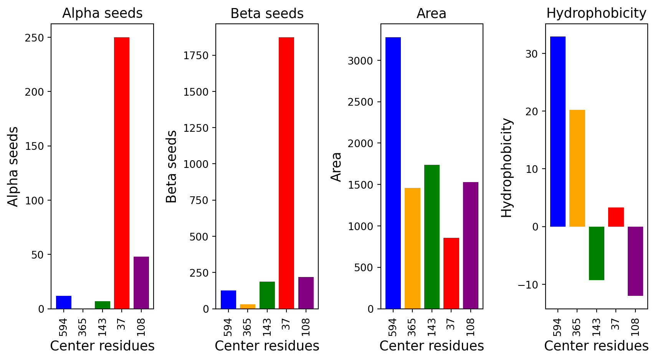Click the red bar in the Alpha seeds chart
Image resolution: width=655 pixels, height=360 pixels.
pyautogui.click(x=122, y=173)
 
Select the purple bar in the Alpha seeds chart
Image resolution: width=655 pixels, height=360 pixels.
pyautogui.click(x=141, y=283)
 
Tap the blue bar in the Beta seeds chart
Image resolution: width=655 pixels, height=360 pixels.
pyautogui.click(x=228, y=299)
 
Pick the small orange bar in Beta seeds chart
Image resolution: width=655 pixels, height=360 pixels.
pyautogui.click(x=248, y=307)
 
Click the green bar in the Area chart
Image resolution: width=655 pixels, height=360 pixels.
pyautogui.click(x=432, y=237)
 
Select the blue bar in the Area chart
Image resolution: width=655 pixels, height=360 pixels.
pyautogui.click(x=393, y=173)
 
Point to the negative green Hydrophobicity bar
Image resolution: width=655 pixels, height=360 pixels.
pyautogui.click(x=597, y=253)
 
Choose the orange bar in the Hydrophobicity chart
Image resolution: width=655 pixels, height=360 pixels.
pyautogui.click(x=577, y=168)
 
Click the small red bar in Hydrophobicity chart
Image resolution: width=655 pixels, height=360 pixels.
pyautogui.click(x=616, y=217)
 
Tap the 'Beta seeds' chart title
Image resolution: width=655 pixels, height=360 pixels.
pyautogui.click(x=267, y=13)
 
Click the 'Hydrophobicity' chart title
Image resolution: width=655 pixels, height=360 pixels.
pyautogui.click(x=596, y=13)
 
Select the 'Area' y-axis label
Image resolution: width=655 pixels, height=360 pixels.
pyautogui.click(x=336, y=167)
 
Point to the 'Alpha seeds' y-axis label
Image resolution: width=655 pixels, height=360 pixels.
pyautogui.click(x=13, y=167)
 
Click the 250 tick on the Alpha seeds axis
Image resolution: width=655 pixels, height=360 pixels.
pyautogui.click(x=35, y=38)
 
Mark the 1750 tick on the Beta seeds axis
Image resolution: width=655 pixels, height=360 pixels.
pyautogui.click(x=196, y=56)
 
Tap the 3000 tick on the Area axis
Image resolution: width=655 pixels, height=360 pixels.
pyautogui.click(x=360, y=61)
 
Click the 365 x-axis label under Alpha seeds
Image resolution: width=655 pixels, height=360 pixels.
pyautogui.click(x=83, y=327)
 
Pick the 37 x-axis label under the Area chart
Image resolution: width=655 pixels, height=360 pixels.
pyautogui.click(x=451, y=324)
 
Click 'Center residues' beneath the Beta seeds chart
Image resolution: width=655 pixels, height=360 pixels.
pyautogui.click(x=267, y=346)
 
